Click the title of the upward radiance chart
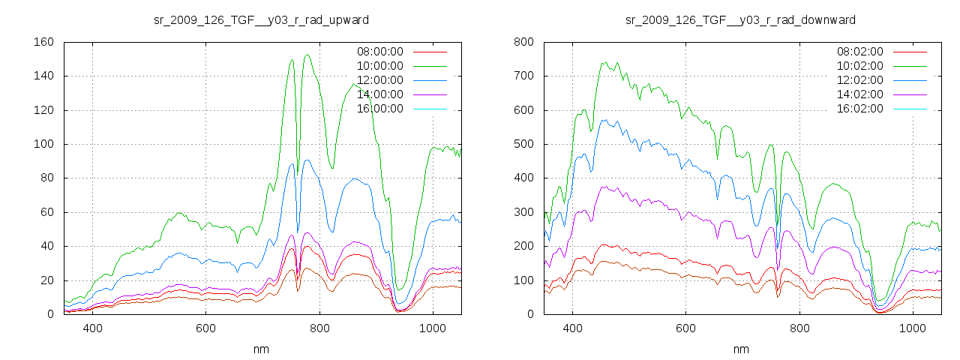coord(261,19)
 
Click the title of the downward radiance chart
coord(741,19)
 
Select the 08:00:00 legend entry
coord(379,52)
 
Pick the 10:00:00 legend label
coord(379,66)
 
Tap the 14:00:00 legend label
coord(379,94)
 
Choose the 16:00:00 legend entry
coord(379,109)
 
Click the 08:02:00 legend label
coord(859,52)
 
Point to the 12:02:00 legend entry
coord(859,80)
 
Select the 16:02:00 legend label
coord(859,109)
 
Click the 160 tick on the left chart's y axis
coord(43,42)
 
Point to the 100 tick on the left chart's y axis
coord(43,144)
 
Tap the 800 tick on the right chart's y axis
coord(523,42)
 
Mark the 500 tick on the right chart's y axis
coord(523,144)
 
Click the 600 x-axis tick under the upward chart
coord(206,328)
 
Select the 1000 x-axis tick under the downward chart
coord(912,328)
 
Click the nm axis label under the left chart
coord(261,349)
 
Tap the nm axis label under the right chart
coord(741,349)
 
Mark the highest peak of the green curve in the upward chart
coord(307,55)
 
